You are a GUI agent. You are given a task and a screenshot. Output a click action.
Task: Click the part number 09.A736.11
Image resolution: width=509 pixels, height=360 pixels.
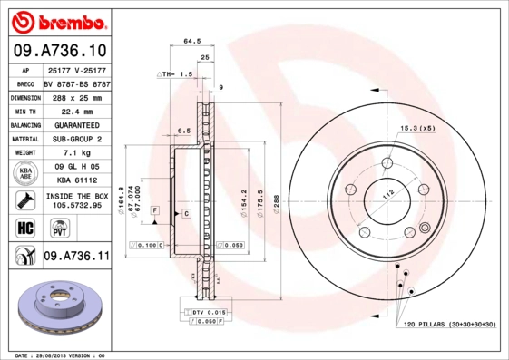tap(76, 257)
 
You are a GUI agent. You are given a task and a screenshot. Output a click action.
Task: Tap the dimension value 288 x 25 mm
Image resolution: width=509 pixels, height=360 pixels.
tap(76, 95)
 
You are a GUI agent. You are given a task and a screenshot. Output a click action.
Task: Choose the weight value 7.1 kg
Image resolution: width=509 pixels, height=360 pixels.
tap(76, 153)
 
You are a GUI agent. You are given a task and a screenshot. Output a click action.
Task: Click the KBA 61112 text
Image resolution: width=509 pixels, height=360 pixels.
tap(76, 180)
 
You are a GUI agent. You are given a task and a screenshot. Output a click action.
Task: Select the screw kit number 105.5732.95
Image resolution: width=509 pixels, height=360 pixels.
tap(76, 205)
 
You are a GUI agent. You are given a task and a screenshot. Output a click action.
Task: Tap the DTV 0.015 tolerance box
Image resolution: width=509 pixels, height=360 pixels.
tap(208, 312)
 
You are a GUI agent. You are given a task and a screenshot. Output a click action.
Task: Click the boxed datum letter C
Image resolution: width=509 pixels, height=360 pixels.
tap(185, 213)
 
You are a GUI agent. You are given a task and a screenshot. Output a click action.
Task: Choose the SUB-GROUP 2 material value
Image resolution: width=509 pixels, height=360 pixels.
tap(76, 139)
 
